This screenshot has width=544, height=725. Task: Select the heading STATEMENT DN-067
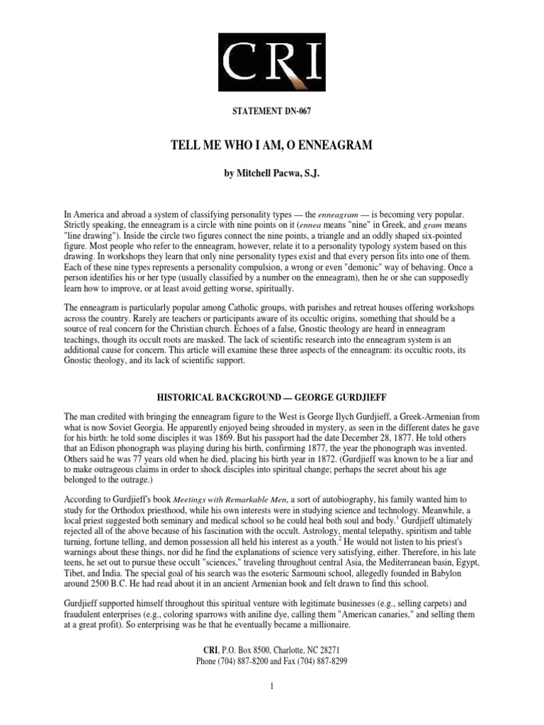[x=271, y=110]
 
